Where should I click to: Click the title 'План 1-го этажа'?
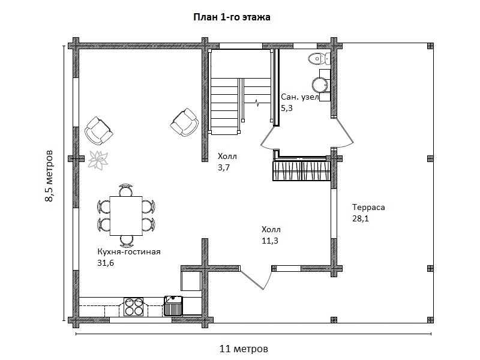click(232, 17)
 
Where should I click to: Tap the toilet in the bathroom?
click(319, 58)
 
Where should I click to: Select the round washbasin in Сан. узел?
click(320, 85)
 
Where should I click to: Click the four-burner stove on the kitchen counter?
click(133, 307)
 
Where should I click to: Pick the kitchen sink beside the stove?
click(173, 305)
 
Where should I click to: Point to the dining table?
click(126, 216)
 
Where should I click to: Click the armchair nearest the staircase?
click(184, 122)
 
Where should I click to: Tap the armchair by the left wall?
click(98, 130)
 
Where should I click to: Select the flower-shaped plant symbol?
click(98, 160)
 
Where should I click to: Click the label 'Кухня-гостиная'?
click(129, 252)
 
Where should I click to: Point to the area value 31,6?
click(106, 263)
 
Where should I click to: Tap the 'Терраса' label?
click(368, 208)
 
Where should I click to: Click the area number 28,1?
click(361, 218)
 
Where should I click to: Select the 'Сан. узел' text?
click(300, 97)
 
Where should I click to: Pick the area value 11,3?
click(270, 241)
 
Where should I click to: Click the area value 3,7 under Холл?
click(224, 167)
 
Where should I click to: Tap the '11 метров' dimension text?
click(244, 349)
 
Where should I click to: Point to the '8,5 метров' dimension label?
click(49, 176)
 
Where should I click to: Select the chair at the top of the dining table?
click(126, 190)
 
